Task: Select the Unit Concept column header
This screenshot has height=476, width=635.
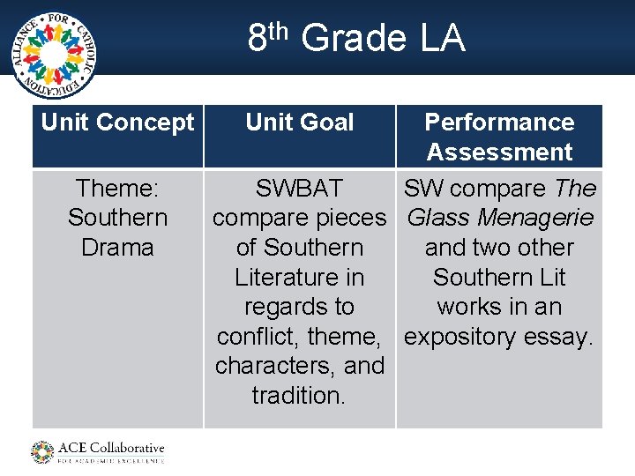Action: click(x=117, y=123)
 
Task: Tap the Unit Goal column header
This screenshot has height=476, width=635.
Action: click(x=300, y=123)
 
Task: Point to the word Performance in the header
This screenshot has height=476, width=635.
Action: click(x=499, y=123)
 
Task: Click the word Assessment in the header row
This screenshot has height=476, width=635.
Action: click(x=499, y=152)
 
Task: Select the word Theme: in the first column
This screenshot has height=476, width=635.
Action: click(x=117, y=189)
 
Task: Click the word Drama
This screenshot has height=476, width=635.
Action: click(x=117, y=248)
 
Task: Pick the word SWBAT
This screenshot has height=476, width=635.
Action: click(x=300, y=189)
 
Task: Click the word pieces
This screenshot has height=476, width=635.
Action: click(x=351, y=218)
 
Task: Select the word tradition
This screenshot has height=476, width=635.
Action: click(x=299, y=396)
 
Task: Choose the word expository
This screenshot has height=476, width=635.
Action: click(x=467, y=337)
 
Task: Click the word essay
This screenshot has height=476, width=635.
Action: click(x=564, y=337)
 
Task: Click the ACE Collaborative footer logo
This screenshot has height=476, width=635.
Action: click(x=98, y=452)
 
